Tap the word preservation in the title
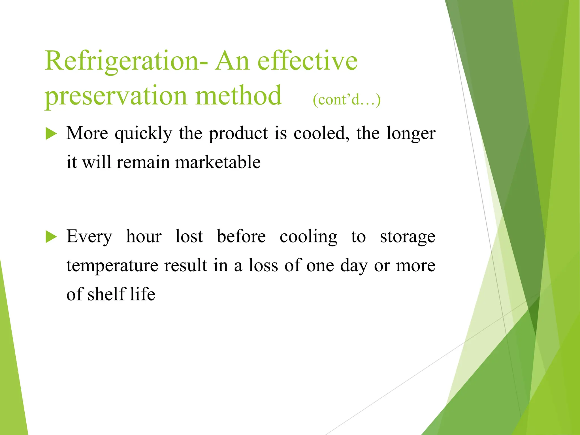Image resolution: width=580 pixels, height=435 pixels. point(116,96)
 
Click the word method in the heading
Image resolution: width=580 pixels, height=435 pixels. point(238,96)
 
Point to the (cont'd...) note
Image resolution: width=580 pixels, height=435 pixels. point(347,100)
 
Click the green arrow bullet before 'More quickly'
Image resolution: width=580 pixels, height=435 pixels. point(51,134)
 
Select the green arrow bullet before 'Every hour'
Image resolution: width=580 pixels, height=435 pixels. point(51,237)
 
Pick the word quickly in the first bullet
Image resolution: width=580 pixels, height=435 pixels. point(143,134)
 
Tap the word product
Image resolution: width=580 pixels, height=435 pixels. point(238,134)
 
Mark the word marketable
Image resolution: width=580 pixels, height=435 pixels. point(218,162)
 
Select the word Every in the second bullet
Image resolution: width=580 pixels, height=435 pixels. point(89,237)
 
